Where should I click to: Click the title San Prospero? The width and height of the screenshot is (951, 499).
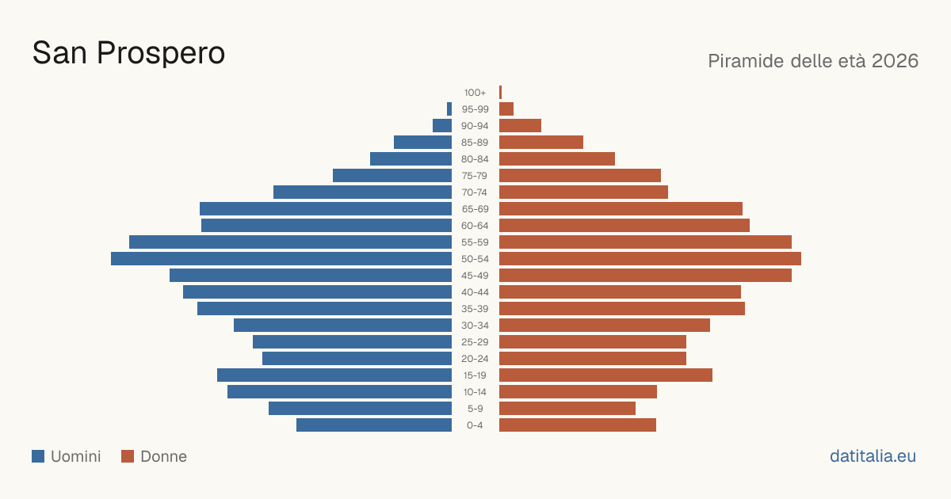point(128,53)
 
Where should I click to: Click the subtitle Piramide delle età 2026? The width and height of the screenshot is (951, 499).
point(813,61)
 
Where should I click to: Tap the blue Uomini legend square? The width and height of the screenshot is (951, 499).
point(38,456)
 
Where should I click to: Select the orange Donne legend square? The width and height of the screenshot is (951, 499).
point(128,456)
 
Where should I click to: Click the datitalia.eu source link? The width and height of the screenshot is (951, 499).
point(873,456)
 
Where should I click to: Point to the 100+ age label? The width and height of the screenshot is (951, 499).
point(475,93)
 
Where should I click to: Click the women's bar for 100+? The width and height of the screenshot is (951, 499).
point(501,93)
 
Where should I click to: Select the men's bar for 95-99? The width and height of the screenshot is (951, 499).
point(449,109)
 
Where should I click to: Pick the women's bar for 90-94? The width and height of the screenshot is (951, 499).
point(520,126)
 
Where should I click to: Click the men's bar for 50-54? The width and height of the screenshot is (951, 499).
point(281,259)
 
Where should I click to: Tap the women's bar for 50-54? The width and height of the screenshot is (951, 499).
point(650,259)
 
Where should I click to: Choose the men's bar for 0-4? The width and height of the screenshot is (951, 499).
point(374,425)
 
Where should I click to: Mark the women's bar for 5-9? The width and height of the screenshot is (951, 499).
point(567,409)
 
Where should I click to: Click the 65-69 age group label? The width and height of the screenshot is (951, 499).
point(475,209)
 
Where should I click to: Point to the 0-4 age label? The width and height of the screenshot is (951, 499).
point(475,425)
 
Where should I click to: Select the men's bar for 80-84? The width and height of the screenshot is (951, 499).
point(411,159)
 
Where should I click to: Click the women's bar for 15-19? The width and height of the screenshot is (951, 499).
point(605,375)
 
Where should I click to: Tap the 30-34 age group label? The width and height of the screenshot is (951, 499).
point(475,326)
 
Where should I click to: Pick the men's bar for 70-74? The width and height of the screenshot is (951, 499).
point(363,192)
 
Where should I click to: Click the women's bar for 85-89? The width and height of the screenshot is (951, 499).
point(541,142)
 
